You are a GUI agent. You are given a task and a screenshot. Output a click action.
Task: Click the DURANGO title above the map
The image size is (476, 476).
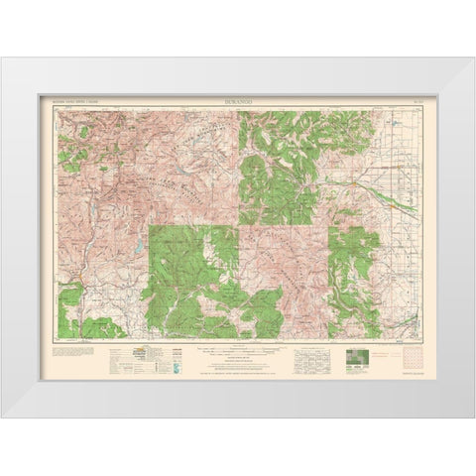[x=238, y=101]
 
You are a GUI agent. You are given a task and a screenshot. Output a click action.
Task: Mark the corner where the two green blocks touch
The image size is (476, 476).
[x=239, y=225]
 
